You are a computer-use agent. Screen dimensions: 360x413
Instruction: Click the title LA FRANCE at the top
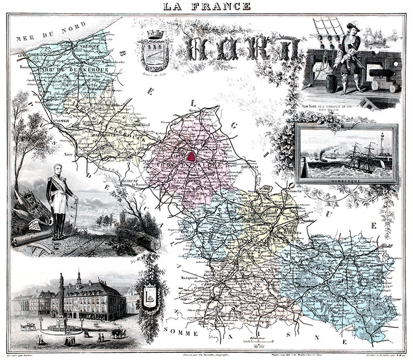[206, 6]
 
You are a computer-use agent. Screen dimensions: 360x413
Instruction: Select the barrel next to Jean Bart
[332, 84]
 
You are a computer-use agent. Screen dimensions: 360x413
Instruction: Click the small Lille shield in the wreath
[149, 293]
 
